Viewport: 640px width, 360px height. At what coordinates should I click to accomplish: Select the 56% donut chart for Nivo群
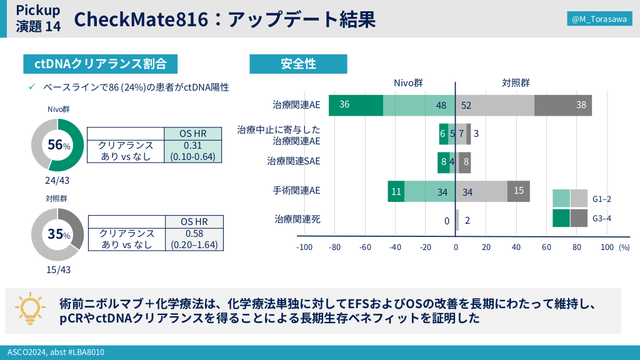(x=57, y=145)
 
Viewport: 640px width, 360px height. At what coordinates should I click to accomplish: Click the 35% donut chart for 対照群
(x=57, y=234)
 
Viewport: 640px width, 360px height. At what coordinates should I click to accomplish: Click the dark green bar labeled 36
(x=356, y=105)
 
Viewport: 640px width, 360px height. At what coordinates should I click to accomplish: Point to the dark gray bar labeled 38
(x=563, y=105)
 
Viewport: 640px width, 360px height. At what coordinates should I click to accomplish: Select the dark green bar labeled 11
(x=396, y=191)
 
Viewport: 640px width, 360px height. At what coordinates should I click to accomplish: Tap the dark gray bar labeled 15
(x=519, y=191)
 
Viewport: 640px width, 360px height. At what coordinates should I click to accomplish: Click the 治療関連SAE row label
(x=293, y=161)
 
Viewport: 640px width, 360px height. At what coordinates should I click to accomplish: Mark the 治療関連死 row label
(x=297, y=219)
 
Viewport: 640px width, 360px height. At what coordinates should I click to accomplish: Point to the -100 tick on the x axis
(x=304, y=247)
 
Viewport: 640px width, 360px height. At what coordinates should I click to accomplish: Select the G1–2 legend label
(x=601, y=199)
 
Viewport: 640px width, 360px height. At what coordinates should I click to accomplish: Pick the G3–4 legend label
(x=601, y=218)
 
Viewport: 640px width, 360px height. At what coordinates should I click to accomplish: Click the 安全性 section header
(x=298, y=64)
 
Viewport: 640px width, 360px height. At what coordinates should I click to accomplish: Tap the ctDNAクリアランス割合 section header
(x=100, y=64)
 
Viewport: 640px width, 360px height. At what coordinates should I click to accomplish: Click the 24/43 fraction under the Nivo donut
(x=57, y=181)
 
